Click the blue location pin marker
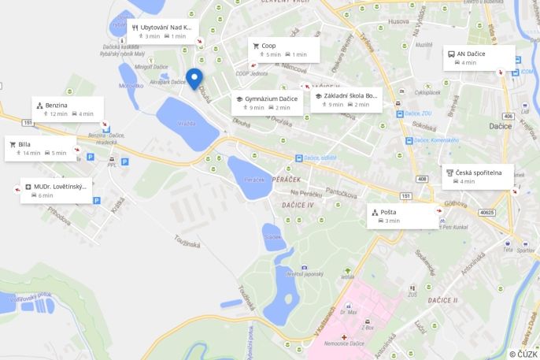(x=194, y=79)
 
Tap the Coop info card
(x=284, y=50)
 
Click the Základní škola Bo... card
(x=346, y=100)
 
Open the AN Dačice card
(x=479, y=58)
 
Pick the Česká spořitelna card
(x=478, y=176)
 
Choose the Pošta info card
(x=403, y=217)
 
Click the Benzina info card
(x=68, y=109)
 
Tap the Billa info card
(x=41, y=148)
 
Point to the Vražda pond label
(x=187, y=124)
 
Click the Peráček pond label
(x=254, y=180)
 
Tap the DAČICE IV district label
(x=298, y=205)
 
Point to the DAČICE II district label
(x=442, y=300)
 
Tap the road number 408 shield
(x=423, y=180)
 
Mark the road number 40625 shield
(x=487, y=212)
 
